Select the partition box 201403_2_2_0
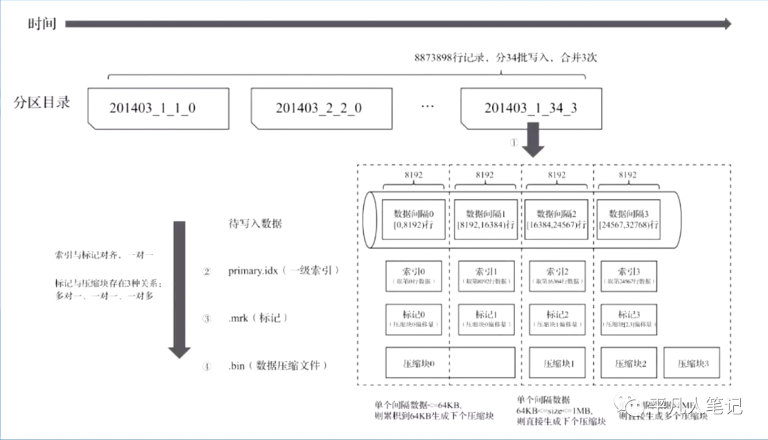tap(318, 109)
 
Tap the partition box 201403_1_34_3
tap(530, 109)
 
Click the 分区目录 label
tap(43, 102)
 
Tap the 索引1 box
tap(486, 277)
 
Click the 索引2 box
tap(558, 277)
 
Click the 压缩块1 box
tap(558, 363)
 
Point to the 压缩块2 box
tap(629, 363)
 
